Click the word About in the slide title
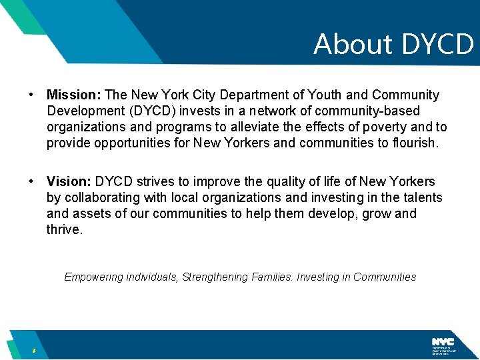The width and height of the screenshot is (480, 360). tap(353, 44)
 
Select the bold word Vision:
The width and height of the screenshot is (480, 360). tap(69, 181)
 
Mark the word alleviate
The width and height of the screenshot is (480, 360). tap(257, 127)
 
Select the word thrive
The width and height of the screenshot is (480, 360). tap(64, 229)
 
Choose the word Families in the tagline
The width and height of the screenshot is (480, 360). tap(274, 277)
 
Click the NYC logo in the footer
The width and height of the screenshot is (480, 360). tap(442, 341)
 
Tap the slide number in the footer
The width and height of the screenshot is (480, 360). tap(32, 351)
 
